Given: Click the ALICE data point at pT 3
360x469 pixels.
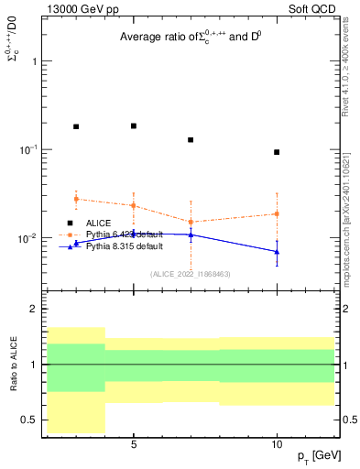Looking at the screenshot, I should point(76,127).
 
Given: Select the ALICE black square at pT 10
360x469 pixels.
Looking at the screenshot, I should point(277,152).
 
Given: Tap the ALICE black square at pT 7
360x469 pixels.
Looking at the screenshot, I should point(191,140).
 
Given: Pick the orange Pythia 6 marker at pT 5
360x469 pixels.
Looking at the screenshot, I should point(134,205).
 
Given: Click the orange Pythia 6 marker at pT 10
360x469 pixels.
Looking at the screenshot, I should point(277,213).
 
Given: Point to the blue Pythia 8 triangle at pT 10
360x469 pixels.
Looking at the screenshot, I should point(277,252).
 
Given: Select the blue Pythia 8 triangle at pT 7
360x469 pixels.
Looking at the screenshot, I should point(191,234).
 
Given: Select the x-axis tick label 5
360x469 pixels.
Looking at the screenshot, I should point(134,444).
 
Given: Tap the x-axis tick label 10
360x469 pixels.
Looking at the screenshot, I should point(277,444).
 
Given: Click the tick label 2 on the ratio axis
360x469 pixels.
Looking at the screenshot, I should point(35,309).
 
